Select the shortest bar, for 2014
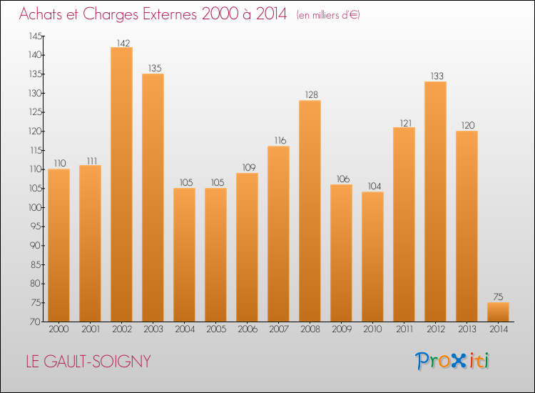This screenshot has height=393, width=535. click(498, 312)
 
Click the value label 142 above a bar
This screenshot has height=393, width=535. click(121, 42)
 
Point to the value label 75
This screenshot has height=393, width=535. click(498, 297)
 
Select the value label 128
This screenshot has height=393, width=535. click(310, 95)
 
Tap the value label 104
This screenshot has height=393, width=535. click(372, 186)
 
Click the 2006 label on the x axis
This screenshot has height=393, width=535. click(247, 329)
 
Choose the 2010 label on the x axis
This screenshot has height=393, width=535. click(372, 329)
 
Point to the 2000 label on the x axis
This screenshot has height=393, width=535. click(58, 329)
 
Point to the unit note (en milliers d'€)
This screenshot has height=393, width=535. click(328, 15)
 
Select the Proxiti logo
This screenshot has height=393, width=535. click(452, 361)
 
